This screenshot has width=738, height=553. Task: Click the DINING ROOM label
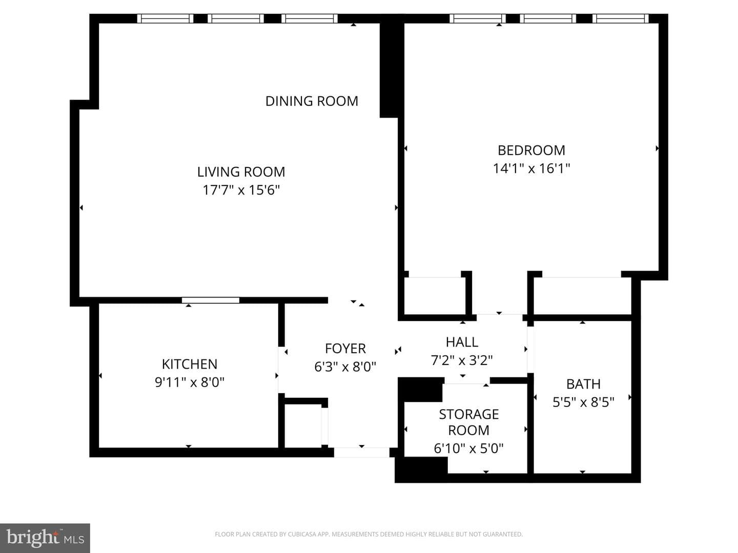[x=312, y=101]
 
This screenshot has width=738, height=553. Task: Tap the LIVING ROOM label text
[x=241, y=172]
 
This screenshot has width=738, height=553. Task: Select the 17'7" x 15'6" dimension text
[x=241, y=190]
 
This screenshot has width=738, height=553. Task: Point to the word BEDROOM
[x=531, y=151]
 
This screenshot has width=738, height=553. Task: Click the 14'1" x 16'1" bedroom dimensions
[x=531, y=168]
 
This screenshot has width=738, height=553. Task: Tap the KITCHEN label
[x=190, y=364]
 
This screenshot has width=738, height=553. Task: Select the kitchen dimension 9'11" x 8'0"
[x=190, y=382]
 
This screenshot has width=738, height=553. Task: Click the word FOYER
[x=345, y=349]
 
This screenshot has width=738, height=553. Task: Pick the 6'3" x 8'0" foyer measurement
[x=345, y=367]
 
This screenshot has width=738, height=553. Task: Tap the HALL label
[x=462, y=342]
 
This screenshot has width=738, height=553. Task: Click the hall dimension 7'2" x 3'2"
[x=462, y=360]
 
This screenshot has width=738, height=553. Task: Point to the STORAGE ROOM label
[x=469, y=422]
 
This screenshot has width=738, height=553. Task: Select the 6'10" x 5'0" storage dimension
[x=469, y=448]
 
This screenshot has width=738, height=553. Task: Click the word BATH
[x=583, y=384]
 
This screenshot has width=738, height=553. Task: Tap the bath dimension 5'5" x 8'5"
[x=583, y=402]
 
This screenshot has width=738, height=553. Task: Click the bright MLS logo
[x=45, y=538]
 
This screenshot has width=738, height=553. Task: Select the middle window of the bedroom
[x=548, y=18]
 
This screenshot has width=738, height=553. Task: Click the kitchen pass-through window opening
[x=211, y=300]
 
